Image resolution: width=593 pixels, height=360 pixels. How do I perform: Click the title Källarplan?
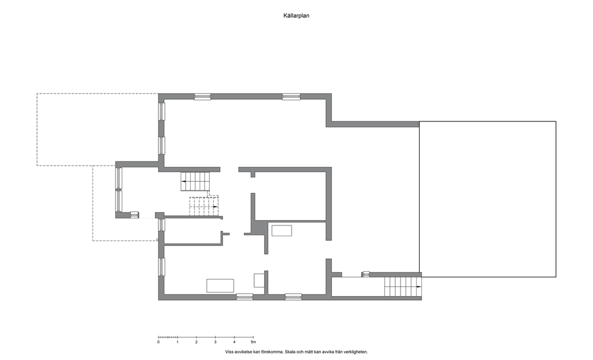point(296,16)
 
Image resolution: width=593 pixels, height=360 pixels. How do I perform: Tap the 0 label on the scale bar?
point(158,342)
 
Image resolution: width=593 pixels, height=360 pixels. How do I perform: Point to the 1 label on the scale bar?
point(178,342)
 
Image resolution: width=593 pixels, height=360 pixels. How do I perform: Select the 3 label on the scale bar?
point(215,342)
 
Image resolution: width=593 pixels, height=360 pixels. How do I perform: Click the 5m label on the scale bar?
point(253,342)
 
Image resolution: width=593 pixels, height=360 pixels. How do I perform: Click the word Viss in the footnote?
point(229,352)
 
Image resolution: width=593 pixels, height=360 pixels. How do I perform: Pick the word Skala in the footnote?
point(290,352)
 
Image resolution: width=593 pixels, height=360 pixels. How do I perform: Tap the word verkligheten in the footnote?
point(356,352)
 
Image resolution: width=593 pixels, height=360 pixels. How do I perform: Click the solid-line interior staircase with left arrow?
point(195,182)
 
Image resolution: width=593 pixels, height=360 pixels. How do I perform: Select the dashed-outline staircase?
point(204,206)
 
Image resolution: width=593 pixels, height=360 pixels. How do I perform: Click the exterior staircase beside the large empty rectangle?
point(403,286)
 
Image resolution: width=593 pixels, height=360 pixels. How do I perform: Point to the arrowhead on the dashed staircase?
point(216,207)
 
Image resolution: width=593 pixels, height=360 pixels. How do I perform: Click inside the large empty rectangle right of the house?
point(487,199)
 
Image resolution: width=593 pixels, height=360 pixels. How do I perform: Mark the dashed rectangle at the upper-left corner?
point(36,129)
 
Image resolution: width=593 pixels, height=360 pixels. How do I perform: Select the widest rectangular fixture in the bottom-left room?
point(220,285)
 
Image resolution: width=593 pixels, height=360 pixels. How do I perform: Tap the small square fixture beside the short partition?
point(259,280)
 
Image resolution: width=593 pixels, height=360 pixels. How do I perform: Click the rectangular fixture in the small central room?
point(282,231)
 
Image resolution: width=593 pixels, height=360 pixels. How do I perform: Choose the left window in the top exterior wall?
point(202,97)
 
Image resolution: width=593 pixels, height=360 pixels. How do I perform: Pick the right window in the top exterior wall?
point(291,97)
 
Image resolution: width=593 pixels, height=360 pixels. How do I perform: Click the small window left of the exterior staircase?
point(366,274)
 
